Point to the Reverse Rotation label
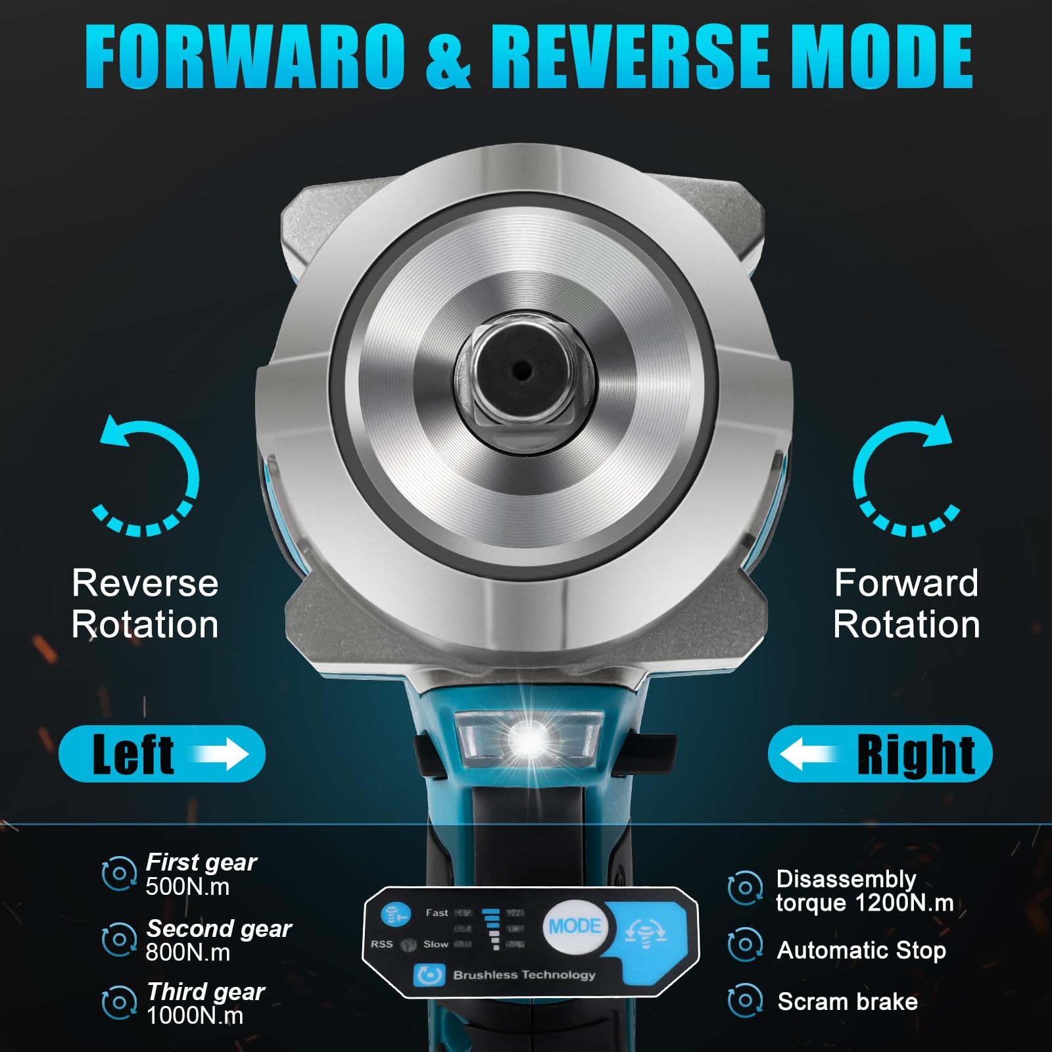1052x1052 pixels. pyautogui.click(x=145, y=603)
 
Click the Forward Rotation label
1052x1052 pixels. pyautogui.click(x=907, y=603)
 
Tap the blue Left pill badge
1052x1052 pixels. pyautogui.click(x=162, y=753)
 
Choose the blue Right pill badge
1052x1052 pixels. pyautogui.click(x=880, y=753)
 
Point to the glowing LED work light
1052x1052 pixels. pyautogui.click(x=529, y=740)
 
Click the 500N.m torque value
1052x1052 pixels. pyautogui.click(x=188, y=887)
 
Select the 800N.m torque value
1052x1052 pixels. pyautogui.click(x=188, y=953)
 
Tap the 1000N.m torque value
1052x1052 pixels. pyautogui.click(x=195, y=1016)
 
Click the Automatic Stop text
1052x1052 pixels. pyautogui.click(x=861, y=950)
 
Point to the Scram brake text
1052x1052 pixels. pyautogui.click(x=848, y=1001)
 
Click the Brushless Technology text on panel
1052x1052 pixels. pyautogui.click(x=524, y=974)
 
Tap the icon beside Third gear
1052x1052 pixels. pyautogui.click(x=119, y=1003)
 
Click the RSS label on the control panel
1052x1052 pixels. pyautogui.click(x=381, y=944)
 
